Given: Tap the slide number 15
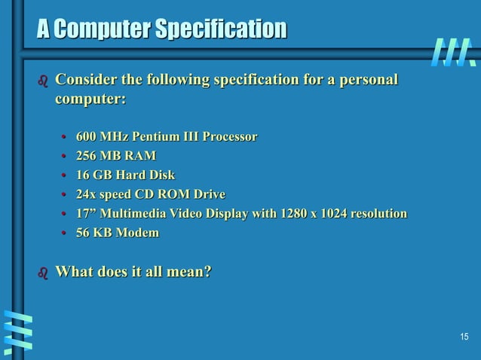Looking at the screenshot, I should [464, 336].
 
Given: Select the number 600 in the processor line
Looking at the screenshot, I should [87, 137].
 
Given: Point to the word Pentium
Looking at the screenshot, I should [156, 137].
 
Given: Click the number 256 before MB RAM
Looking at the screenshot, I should [87, 156].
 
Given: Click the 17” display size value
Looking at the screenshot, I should [86, 214].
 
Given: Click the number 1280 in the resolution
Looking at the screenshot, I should [295, 214].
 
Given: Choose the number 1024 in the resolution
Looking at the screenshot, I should [335, 214].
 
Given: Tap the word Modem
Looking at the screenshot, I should [138, 233].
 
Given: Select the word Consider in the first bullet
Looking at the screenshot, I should [84, 80].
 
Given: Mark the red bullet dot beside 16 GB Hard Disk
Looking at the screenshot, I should [66, 176].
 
